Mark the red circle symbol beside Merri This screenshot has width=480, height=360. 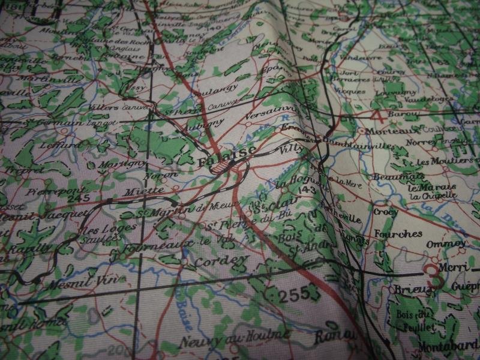[432, 272]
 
